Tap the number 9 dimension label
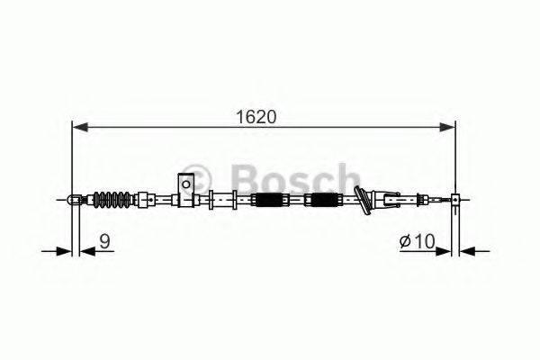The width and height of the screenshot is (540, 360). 104,240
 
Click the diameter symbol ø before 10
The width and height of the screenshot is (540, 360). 404,241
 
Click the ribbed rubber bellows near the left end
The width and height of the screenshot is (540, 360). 114,198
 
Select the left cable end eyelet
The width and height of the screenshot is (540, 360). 73,199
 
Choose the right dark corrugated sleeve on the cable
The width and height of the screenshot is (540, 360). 322,200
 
